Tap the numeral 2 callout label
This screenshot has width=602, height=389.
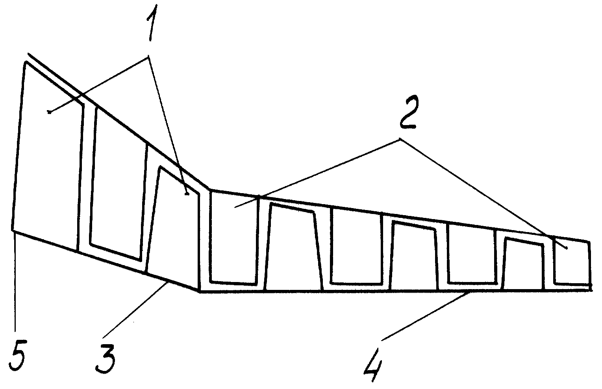tap(408, 112)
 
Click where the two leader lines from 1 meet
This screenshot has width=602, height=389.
tap(148, 57)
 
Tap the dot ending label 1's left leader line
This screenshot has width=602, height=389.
tap(49, 112)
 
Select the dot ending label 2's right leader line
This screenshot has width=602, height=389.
tap(567, 248)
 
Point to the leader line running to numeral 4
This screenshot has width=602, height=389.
tap(427, 315)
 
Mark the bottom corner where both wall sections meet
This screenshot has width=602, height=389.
tap(200, 291)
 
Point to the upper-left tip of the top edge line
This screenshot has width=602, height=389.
tap(28, 54)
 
